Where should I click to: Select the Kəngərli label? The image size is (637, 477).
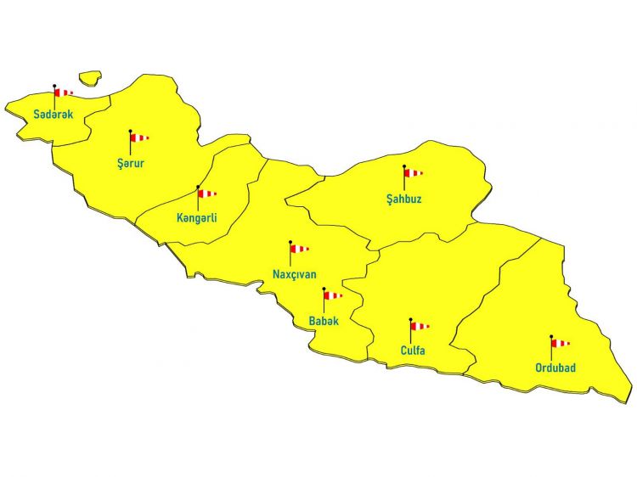pos(197,218)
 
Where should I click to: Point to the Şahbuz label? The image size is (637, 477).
pos(403,200)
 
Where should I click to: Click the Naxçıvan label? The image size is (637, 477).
pos(295,274)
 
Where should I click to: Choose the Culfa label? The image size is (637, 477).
pos(413,351)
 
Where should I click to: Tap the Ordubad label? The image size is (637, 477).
pos(555,368)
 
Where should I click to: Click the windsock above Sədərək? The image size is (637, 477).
pos(62,92)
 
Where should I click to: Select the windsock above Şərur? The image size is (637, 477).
pos(138,137)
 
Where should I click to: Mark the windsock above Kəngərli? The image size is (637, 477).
pos(206,193)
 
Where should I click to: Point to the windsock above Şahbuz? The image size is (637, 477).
pos(412,172)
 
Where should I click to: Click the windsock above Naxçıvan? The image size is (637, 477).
pos(298,249)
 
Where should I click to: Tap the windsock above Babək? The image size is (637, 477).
pos(331,295)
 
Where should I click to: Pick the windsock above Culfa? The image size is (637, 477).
pos(419,326)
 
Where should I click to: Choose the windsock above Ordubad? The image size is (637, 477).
pos(559,343)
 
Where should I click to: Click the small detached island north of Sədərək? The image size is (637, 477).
pos(90,77)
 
